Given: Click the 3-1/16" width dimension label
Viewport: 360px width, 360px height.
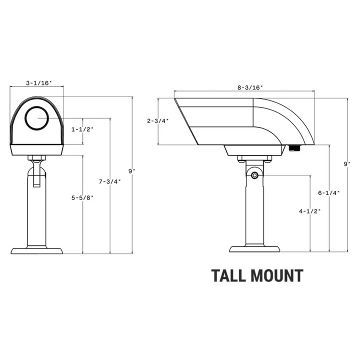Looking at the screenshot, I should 36,83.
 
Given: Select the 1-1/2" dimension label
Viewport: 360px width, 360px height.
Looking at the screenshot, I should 82,129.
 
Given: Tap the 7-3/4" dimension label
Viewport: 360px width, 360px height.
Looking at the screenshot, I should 109,181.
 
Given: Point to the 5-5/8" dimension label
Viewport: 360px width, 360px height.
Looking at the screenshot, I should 82,198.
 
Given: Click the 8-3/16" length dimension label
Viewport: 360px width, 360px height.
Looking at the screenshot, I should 250,87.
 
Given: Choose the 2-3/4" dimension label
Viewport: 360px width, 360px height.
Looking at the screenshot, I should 157,121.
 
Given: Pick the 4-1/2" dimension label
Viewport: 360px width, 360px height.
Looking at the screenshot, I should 310,211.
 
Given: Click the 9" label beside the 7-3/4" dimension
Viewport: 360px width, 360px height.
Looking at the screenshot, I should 131,171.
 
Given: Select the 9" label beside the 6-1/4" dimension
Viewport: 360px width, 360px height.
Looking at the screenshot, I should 347,163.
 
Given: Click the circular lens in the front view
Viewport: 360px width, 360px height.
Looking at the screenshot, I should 37,118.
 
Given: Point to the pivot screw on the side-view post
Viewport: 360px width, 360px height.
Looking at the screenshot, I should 255,175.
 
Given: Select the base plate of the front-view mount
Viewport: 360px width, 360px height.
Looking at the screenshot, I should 37,250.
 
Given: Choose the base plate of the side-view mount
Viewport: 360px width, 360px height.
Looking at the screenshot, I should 254,248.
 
